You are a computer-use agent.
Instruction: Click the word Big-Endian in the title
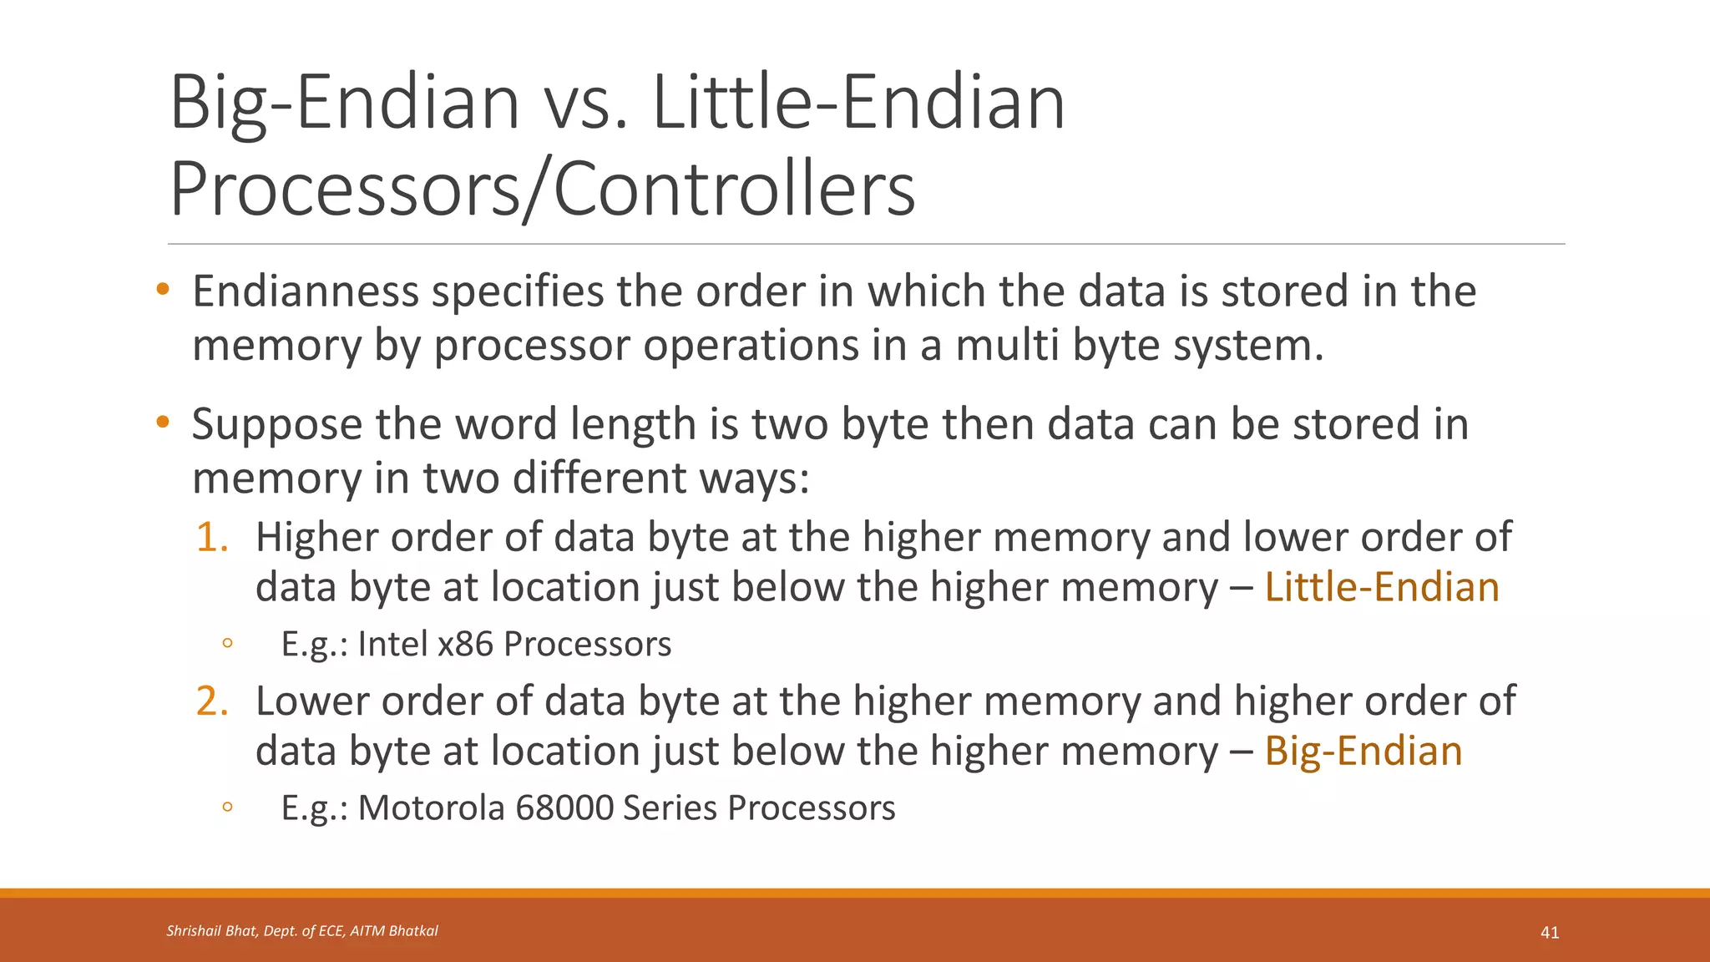coord(344,104)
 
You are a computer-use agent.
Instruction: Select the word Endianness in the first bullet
coord(306,291)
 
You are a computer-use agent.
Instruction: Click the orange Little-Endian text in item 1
coord(1382,587)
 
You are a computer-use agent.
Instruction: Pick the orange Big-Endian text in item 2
coord(1363,751)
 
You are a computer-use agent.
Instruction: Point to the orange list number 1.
coord(212,537)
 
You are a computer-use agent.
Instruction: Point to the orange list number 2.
coord(212,701)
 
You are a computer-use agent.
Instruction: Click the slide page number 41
coord(1550,933)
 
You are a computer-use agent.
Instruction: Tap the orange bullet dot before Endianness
coord(162,291)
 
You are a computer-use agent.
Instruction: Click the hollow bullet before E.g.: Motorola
coord(226,808)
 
